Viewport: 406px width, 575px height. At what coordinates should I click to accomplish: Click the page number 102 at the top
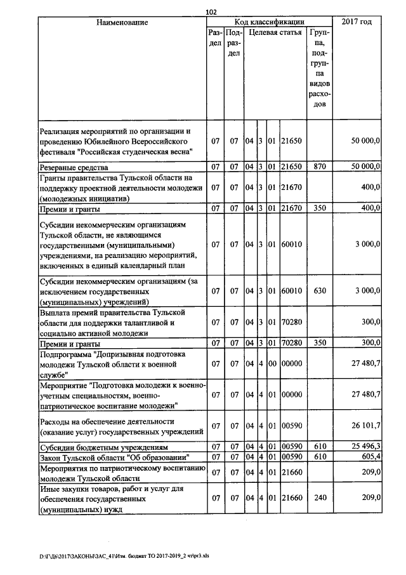point(212,11)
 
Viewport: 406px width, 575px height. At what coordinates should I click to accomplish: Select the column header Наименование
point(122,22)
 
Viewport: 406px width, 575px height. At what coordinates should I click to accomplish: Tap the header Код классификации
point(270,22)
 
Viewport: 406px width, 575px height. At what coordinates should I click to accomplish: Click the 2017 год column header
point(357,22)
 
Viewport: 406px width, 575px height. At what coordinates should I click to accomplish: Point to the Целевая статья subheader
point(274,32)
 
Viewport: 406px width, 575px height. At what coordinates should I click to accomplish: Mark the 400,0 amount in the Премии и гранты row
point(369,208)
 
